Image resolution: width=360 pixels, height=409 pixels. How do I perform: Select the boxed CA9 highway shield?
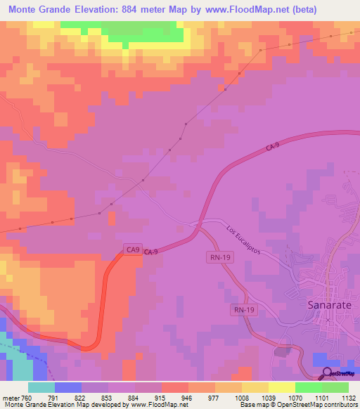click(133, 249)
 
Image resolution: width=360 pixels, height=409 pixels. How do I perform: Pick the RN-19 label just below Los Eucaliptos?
click(219, 257)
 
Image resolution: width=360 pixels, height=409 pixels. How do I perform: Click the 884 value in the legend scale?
click(122, 398)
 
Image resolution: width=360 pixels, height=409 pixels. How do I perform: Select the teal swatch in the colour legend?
click(41, 387)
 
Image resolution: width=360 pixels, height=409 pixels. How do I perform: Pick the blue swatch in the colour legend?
click(68, 387)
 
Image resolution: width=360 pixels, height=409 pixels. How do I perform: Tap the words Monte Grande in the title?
click(37, 10)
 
